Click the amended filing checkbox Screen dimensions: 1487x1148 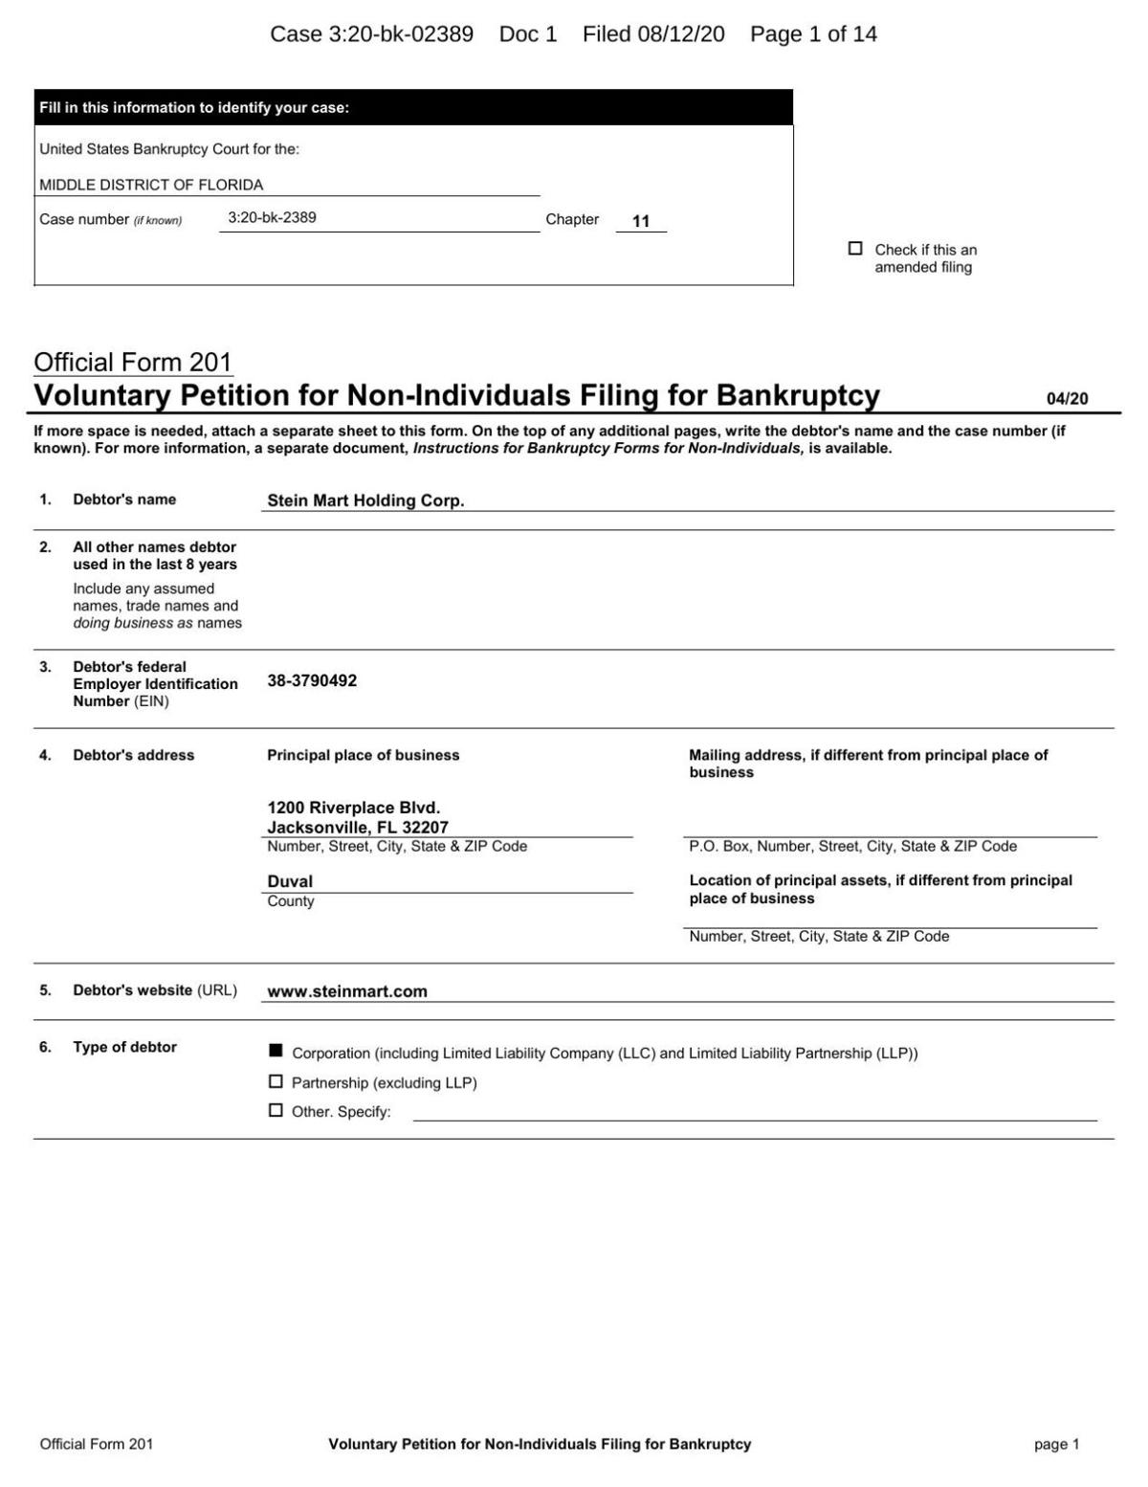pos(855,249)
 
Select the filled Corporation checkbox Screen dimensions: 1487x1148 pos(276,1052)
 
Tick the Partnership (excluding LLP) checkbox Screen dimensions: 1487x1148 pos(276,1081)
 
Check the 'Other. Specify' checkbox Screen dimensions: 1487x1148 pos(276,1110)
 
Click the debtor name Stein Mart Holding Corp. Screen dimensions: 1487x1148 pos(365,500)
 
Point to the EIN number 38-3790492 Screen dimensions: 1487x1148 pos(312,680)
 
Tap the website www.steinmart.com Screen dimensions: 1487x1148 pos(347,991)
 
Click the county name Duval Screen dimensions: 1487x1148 pos(290,881)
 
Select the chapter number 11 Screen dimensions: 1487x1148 pos(641,221)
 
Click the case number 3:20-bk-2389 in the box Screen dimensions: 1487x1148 pos(272,217)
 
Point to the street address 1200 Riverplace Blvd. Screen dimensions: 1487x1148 pos(353,808)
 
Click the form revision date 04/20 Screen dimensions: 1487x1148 pos(1067,399)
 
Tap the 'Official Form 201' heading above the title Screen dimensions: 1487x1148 pos(133,362)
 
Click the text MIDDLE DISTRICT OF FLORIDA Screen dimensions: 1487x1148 pos(151,185)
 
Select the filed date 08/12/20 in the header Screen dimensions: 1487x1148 pos(680,34)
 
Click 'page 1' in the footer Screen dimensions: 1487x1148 pos(1056,1444)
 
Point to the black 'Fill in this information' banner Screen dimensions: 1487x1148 pos(413,107)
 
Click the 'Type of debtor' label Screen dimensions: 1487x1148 pos(124,1047)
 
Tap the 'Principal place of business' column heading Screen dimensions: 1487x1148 pos(363,755)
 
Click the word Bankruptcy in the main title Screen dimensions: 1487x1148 pos(798,395)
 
